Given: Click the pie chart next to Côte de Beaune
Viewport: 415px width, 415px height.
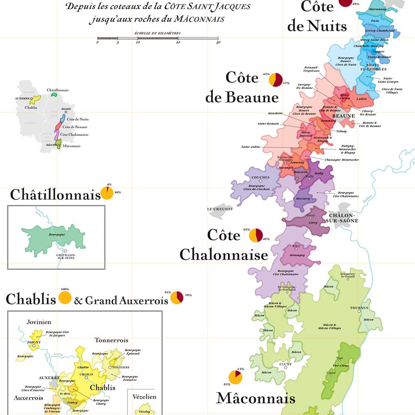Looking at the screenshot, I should click(276, 80).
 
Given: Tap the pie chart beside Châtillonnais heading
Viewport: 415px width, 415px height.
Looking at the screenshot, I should click(107, 194).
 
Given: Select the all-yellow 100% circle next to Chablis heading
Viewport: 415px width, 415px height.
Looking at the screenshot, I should click(65, 298).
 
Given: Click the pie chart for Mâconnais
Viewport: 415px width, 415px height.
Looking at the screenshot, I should click(235, 378).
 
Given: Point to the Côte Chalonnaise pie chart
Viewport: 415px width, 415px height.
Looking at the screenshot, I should click(256, 235).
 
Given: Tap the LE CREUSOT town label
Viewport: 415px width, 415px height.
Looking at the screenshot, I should click(220, 209).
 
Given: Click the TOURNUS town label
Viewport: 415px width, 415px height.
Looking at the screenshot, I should click(356, 308).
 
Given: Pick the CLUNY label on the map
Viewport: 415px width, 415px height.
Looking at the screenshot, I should click(286, 364).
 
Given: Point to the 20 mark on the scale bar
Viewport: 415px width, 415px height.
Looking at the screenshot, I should click(178, 42).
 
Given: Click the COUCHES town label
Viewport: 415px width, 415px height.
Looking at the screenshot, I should click(261, 177).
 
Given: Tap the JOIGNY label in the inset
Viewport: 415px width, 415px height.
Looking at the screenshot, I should click(33, 343).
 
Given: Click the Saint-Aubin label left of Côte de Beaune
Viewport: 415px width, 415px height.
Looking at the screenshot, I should click(250, 147).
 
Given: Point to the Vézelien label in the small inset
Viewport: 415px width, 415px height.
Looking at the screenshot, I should click(144, 397).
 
